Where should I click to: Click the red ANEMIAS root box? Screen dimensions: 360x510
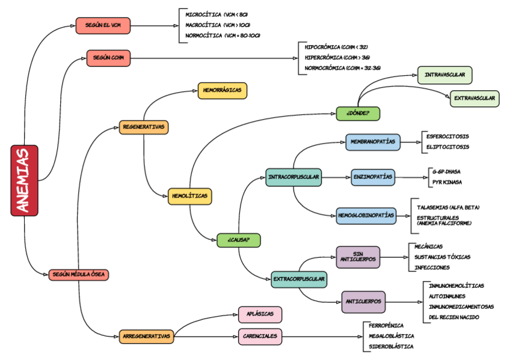tap(24, 180)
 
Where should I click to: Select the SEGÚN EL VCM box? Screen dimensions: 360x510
tap(103, 25)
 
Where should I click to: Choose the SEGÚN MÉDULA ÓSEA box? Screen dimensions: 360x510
tap(79, 274)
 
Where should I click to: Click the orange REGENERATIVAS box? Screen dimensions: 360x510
tap(143, 127)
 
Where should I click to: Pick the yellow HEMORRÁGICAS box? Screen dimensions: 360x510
tap(222, 90)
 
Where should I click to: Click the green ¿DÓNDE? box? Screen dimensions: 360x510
tap(357, 112)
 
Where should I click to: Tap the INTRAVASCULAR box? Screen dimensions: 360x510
tap(444, 75)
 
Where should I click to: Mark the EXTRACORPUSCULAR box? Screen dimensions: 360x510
tap(299, 279)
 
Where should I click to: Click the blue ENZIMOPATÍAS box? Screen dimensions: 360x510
tap(373, 177)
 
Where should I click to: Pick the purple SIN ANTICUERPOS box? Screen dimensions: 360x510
tap(358, 257)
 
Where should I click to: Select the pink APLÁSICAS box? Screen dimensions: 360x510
tap(260, 314)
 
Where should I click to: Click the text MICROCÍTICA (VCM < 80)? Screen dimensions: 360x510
tap(217, 14)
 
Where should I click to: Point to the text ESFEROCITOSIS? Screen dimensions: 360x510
tap(447, 136)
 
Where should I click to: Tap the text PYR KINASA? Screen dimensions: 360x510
tap(447, 182)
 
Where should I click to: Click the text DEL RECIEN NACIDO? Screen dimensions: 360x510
tap(454, 317)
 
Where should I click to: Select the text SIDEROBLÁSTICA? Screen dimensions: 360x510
tap(392, 346)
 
